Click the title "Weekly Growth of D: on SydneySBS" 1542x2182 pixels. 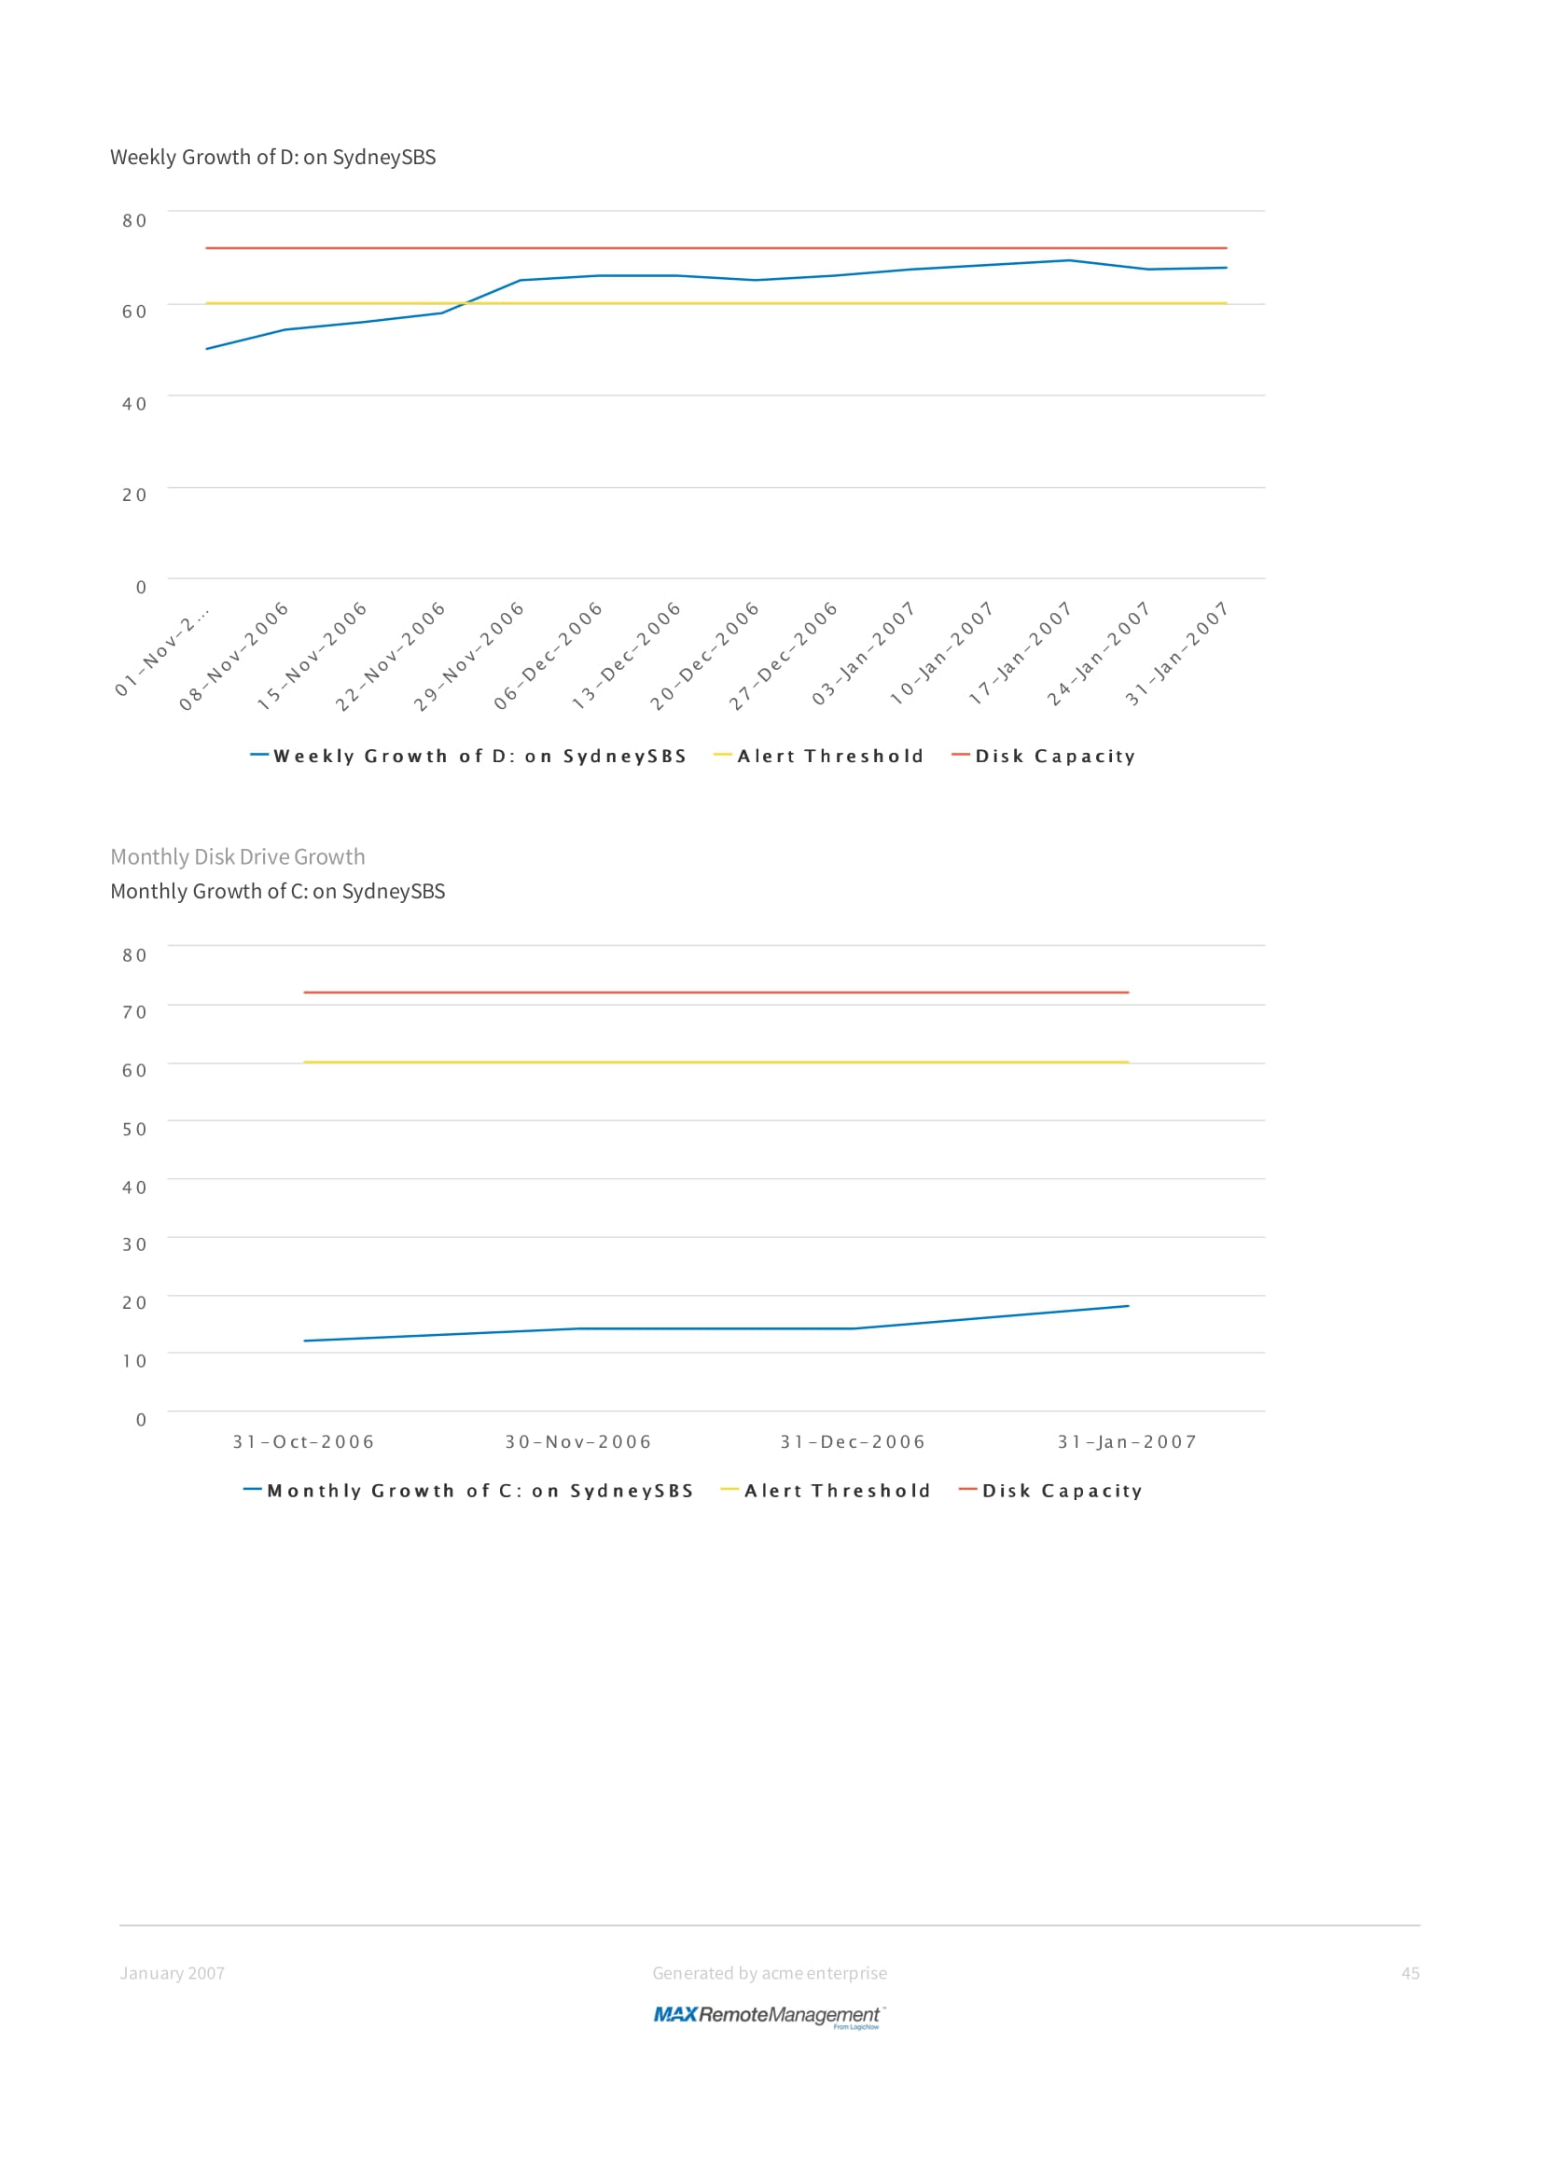point(272,157)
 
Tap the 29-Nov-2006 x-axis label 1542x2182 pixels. point(468,656)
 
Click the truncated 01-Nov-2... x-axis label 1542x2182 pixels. point(161,651)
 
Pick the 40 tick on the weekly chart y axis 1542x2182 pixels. point(135,404)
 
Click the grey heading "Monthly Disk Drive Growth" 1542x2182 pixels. point(238,856)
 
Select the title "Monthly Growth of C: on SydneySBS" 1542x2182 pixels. point(277,892)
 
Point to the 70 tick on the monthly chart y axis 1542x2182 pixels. point(135,1012)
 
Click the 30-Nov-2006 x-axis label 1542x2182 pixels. point(577,1441)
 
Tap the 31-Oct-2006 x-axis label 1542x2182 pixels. point(303,1441)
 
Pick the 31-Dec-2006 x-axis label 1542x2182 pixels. point(853,1441)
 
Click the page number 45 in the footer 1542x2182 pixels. point(1410,1973)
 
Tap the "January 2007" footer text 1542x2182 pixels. point(172,1973)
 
